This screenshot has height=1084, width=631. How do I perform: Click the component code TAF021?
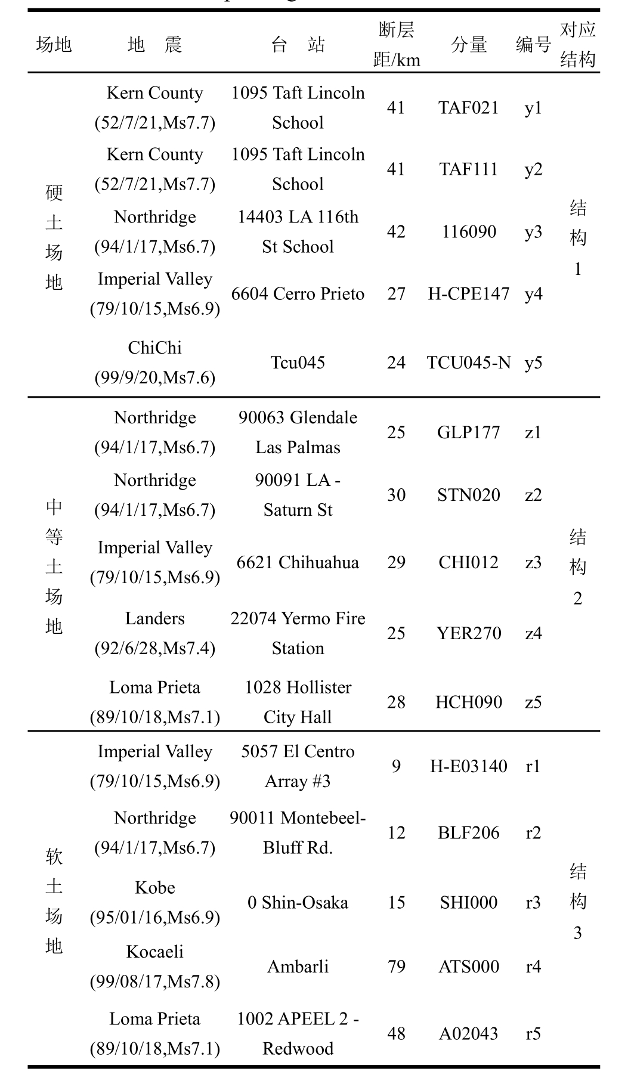point(468,108)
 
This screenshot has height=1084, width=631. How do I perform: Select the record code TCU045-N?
point(468,363)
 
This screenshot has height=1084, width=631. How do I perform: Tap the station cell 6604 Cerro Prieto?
point(298,294)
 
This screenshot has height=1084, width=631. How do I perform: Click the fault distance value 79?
point(396,967)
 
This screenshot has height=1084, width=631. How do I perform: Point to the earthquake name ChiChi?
point(154,348)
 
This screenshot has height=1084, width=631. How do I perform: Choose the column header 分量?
point(469,45)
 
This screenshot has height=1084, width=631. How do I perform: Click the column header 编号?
point(533,45)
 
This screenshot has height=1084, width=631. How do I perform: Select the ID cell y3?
point(533,232)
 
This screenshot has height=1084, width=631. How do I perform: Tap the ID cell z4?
point(533,633)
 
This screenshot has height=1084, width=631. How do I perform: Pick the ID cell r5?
point(533,1033)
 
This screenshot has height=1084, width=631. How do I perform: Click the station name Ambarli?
point(298,967)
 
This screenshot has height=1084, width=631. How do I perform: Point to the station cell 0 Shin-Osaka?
point(298,903)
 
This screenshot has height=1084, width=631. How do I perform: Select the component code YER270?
point(468,633)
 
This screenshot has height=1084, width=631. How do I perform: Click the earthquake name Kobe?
point(154,888)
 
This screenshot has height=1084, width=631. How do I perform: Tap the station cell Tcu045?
point(298,363)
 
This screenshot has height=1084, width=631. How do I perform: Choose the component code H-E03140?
point(468,766)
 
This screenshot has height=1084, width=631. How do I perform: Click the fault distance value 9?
point(396,766)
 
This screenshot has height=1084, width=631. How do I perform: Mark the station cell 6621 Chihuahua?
point(298,562)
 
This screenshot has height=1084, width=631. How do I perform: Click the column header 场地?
point(54,45)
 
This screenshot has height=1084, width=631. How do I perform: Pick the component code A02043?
point(468,1033)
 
